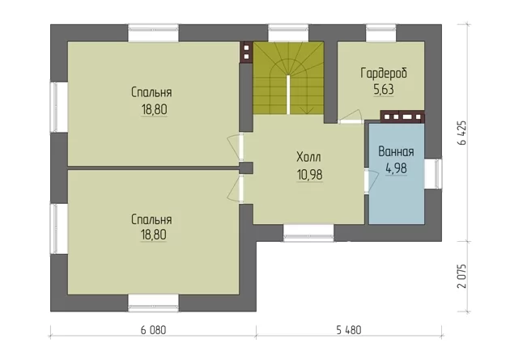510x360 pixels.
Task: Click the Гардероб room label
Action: [384, 73]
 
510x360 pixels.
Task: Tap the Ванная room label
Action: [396, 152]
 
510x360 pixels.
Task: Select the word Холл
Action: [308, 157]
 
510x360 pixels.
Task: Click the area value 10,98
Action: [309, 175]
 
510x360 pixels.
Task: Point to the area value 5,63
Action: [384, 89]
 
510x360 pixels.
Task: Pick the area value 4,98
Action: [396, 168]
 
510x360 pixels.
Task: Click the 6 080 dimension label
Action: [153, 330]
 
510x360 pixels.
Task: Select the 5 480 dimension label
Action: [349, 330]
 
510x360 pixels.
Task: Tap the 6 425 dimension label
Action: [462, 133]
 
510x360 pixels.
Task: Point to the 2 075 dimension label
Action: [462, 276]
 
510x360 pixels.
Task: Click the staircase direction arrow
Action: [306, 110]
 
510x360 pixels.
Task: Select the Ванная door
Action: [371, 180]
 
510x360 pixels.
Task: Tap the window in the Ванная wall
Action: [433, 174]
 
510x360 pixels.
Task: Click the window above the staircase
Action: [288, 33]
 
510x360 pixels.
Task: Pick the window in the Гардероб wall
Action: [380, 33]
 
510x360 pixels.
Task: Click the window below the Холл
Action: [308, 233]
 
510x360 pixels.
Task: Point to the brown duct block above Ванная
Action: [402, 116]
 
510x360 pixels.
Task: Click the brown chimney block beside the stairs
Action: [246, 52]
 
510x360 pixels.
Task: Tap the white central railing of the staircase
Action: [288, 94]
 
